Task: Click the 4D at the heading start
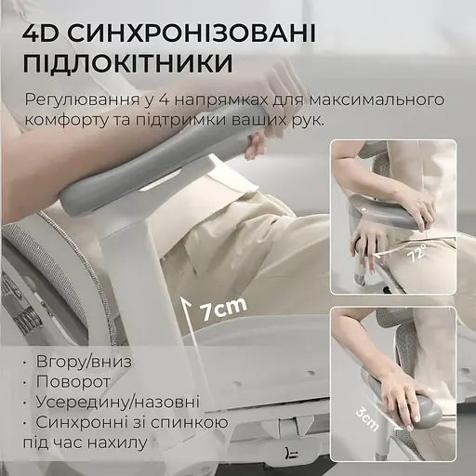coord(44,34)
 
